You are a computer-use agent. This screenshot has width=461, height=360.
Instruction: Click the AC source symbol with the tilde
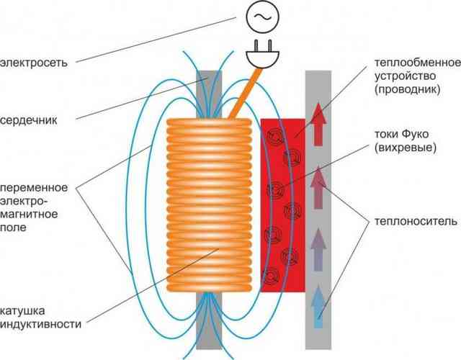(262, 17)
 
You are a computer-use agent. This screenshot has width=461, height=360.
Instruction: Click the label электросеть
(34, 63)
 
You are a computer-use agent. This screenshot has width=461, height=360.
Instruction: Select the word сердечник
(29, 120)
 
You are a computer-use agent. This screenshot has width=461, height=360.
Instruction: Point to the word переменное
(34, 187)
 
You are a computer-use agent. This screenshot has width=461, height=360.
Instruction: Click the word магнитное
(29, 214)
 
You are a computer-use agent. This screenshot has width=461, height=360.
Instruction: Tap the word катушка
(22, 310)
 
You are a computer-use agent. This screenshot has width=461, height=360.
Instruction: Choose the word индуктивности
(40, 324)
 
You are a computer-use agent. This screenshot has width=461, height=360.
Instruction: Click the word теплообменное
(418, 63)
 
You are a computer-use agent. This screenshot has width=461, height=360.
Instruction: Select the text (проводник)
(408, 89)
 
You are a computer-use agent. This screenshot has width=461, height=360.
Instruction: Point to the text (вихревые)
(406, 147)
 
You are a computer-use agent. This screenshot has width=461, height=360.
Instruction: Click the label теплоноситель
(416, 221)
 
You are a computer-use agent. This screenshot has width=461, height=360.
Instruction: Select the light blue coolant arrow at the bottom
(318, 307)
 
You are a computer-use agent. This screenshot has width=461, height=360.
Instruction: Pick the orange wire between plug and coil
(245, 94)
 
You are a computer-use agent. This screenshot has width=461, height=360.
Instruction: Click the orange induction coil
(209, 205)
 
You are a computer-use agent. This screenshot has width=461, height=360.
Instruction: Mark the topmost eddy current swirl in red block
(275, 136)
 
